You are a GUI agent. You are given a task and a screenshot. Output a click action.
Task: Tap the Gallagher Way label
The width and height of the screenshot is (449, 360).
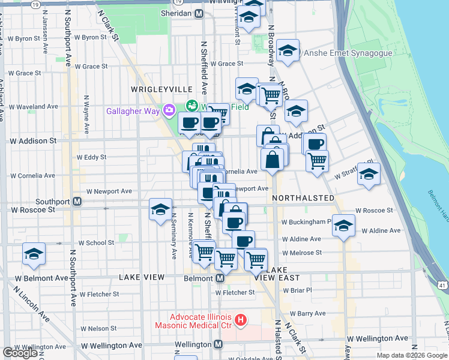pos(133,110)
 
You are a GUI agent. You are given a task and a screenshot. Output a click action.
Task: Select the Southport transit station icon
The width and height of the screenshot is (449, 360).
pos(77,202)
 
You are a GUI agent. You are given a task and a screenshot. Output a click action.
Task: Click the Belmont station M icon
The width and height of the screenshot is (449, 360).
pos(220,278)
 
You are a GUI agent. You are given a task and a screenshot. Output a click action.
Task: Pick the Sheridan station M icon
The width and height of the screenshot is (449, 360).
pos(198,13)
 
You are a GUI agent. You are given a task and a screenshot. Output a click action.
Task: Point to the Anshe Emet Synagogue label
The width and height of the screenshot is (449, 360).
pos(348,53)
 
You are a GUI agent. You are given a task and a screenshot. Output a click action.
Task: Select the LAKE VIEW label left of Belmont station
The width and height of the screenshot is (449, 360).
pos(141,277)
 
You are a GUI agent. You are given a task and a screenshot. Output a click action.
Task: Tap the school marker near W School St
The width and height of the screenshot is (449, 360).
pos(34,254)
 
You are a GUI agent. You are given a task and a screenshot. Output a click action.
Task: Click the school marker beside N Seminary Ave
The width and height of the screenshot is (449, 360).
pos(160,209)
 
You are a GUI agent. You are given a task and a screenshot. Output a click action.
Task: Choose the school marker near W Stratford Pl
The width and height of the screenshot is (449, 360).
pos(369,174)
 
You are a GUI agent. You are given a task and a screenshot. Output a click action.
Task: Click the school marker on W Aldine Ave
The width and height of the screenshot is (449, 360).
pos(343,226)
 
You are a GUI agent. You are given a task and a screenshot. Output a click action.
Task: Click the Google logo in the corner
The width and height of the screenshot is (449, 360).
pos(20,353)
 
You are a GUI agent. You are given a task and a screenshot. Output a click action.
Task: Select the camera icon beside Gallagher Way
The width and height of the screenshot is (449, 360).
pos(169,109)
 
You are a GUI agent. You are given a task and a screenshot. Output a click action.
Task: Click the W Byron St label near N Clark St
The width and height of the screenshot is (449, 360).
pos(90,37)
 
